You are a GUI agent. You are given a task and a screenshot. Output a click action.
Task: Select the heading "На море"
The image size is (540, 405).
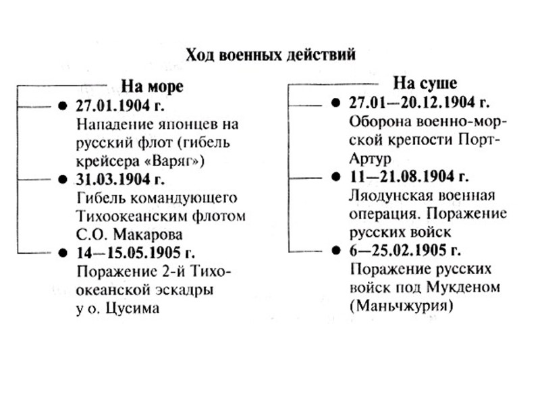point(152,86)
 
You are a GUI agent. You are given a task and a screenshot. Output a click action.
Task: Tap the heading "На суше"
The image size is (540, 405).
point(425,84)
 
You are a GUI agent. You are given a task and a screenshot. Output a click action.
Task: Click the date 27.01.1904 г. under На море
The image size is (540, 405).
point(121,107)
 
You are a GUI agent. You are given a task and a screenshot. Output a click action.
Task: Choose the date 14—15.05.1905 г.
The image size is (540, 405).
point(136,254)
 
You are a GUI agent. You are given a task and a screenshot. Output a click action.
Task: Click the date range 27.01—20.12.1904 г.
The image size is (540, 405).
point(419,103)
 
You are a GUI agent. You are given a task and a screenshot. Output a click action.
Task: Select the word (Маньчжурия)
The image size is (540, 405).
point(401,306)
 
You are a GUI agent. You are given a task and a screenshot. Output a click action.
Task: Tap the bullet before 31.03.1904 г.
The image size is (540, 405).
point(63,181)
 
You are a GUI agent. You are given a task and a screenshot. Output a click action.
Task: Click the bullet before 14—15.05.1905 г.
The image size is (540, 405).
point(63,254)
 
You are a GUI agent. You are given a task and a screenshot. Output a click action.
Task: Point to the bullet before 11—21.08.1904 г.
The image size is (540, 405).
point(337,178)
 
